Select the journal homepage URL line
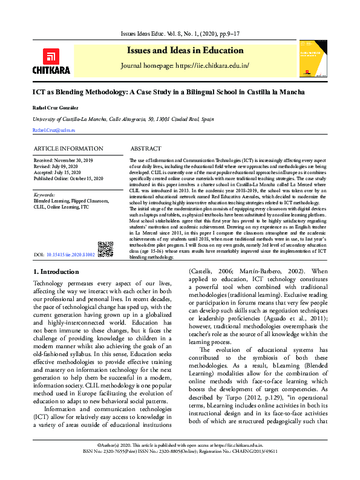click(185, 65)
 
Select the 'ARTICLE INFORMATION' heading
click(68, 149)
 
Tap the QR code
click(105, 249)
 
